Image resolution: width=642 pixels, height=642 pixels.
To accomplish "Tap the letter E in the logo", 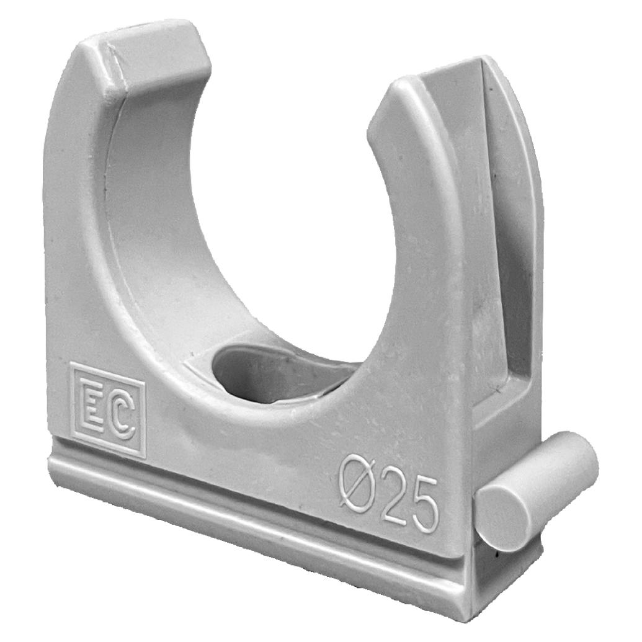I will pyautogui.click(x=93, y=406).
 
